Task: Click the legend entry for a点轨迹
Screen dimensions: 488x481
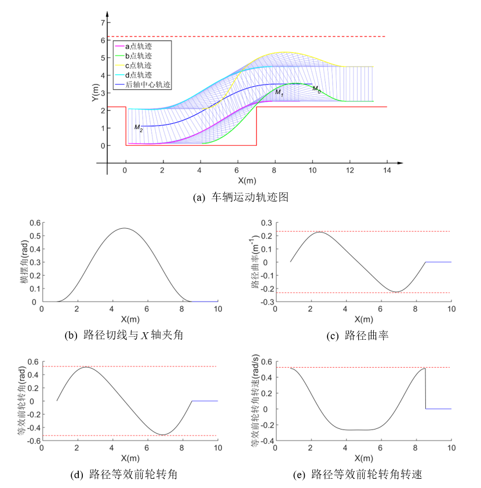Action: tap(139, 46)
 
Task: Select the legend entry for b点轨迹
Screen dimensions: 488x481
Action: tap(139, 56)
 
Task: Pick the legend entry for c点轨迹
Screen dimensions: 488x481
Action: tap(139, 65)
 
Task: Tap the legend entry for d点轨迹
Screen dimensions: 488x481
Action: tap(139, 75)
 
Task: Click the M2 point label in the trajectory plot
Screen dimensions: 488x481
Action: tap(138, 127)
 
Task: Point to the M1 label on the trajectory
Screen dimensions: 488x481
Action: tap(279, 92)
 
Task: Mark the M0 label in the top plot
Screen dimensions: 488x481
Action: tap(316, 89)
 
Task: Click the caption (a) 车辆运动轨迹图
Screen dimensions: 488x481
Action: tap(240, 197)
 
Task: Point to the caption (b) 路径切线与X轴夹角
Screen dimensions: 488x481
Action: tap(129, 335)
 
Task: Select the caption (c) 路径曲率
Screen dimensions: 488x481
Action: tap(361, 335)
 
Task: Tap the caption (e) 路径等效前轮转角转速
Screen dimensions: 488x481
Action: tap(361, 475)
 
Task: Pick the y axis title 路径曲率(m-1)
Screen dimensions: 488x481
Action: tap(254, 262)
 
